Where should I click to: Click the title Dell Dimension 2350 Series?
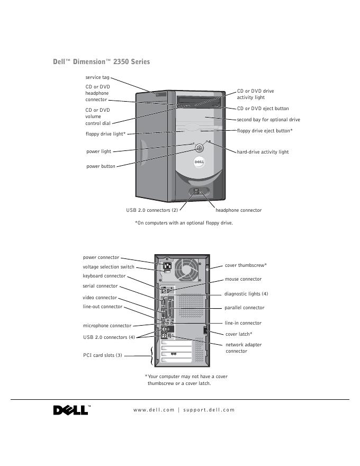click(x=101, y=62)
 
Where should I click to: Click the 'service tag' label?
click(x=97, y=77)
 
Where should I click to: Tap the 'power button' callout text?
click(x=101, y=166)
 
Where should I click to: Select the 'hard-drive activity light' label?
click(x=263, y=152)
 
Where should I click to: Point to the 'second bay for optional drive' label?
click(x=268, y=120)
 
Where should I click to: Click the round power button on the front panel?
click(x=199, y=149)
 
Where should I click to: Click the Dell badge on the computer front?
click(x=199, y=163)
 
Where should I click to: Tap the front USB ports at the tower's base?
click(x=195, y=192)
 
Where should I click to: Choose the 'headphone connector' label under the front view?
click(x=238, y=210)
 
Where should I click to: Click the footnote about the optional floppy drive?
click(x=184, y=223)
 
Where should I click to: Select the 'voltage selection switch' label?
click(x=109, y=267)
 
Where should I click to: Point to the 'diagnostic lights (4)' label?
click(x=246, y=294)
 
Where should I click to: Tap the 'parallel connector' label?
click(x=244, y=308)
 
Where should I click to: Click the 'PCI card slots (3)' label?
click(x=103, y=355)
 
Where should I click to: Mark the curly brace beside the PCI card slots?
click(x=153, y=356)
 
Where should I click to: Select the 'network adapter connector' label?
click(x=243, y=348)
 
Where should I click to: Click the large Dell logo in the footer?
click(x=71, y=410)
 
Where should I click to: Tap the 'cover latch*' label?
click(x=239, y=334)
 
